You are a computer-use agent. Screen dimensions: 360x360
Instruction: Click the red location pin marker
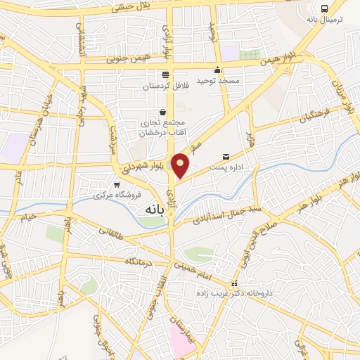181,165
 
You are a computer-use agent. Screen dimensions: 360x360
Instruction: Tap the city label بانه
154,210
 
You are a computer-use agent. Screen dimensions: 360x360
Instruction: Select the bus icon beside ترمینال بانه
324,8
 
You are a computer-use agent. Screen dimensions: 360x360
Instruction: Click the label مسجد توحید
218,81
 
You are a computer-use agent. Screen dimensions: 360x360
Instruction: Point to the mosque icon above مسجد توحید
218,70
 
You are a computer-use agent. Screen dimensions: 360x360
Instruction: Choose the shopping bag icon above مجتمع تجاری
163,111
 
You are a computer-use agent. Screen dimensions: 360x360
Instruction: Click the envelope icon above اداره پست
226,155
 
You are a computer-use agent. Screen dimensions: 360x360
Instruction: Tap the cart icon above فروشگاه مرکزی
107,184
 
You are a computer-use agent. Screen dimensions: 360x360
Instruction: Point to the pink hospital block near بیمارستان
181,340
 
